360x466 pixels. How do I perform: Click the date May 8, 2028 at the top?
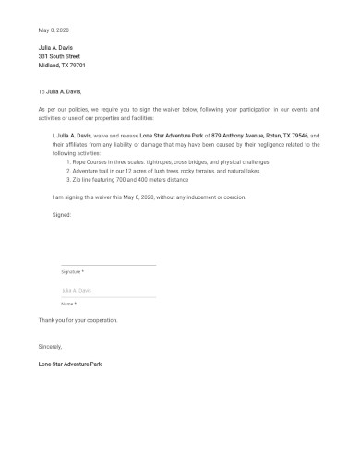54,30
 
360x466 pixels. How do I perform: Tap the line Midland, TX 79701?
62,66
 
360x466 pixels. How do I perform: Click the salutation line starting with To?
60,91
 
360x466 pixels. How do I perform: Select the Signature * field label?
73,272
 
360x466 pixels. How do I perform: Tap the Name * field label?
68,304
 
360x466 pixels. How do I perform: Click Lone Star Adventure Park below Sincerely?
70,364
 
